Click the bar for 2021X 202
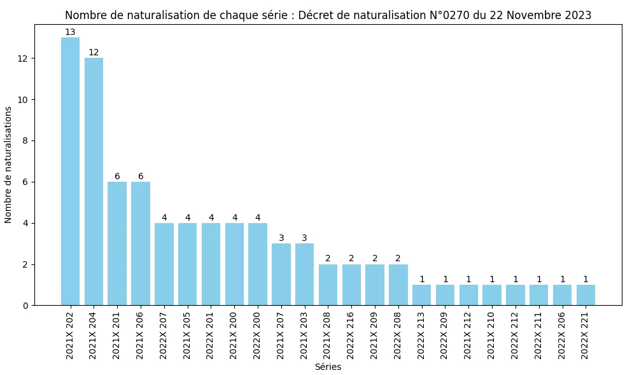(x=70, y=172)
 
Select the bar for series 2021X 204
(x=94, y=182)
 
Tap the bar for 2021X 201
(x=117, y=243)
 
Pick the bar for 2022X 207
(x=164, y=264)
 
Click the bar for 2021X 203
(x=304, y=275)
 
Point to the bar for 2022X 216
(x=351, y=285)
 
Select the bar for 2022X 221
(x=586, y=295)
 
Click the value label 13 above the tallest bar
(x=70, y=32)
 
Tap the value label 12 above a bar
(x=94, y=53)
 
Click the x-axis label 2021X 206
(x=141, y=335)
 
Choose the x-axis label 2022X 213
(x=421, y=335)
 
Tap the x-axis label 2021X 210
(x=492, y=335)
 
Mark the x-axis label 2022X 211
(x=539, y=335)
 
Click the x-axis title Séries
(x=328, y=367)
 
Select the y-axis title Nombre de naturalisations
(x=8, y=165)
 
